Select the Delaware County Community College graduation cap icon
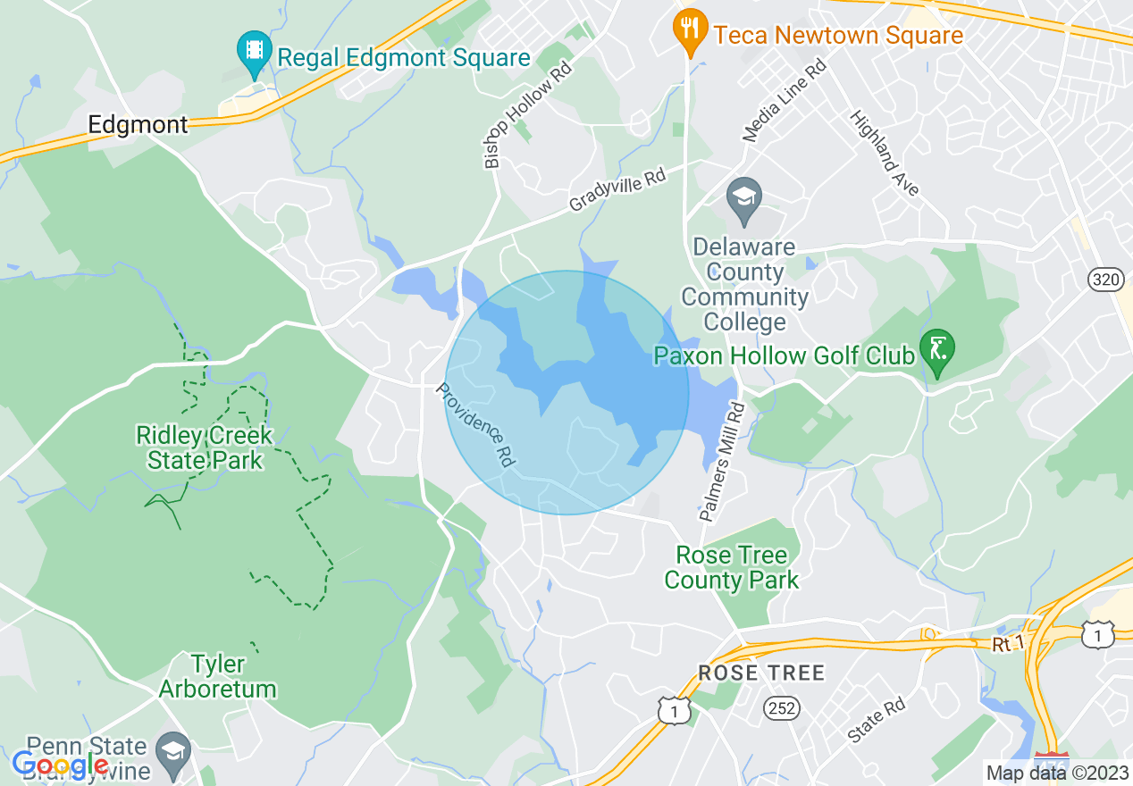coord(743,200)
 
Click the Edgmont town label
coord(138,124)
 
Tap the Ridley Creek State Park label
coord(205,447)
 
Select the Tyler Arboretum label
coord(217,676)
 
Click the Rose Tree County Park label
coord(732,567)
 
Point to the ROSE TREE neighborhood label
coord(761,673)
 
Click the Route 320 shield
coord(1106,280)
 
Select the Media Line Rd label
coord(785,101)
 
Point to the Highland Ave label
coord(884,153)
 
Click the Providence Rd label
coord(475,427)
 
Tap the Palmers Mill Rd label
coord(722,461)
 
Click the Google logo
coord(61,765)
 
